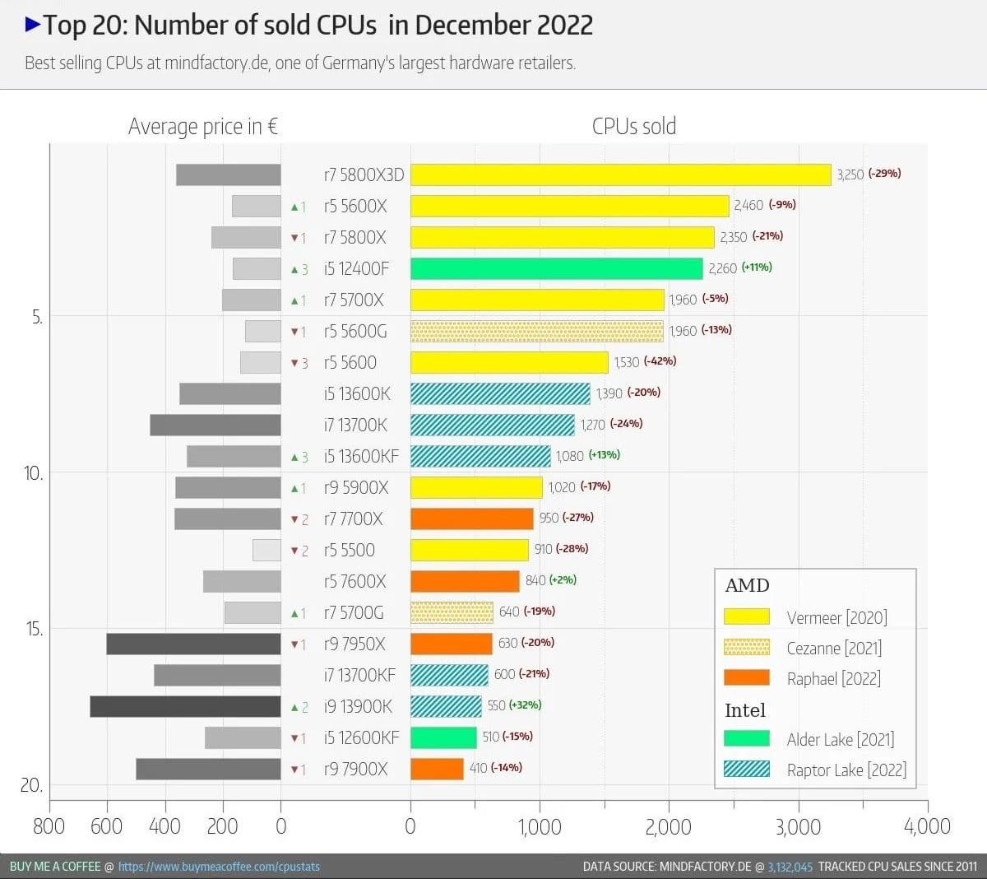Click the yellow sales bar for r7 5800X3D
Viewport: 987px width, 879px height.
click(x=621, y=174)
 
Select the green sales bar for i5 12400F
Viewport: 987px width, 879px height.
click(x=557, y=268)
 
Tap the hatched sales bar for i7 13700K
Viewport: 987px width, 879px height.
click(x=492, y=425)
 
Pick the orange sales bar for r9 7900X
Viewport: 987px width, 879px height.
click(x=437, y=769)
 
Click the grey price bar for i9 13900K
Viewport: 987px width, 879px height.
click(x=185, y=706)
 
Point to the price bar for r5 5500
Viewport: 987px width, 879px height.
click(x=266, y=550)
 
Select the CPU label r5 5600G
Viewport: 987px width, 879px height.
click(x=354, y=332)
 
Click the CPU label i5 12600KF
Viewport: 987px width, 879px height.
click(x=361, y=737)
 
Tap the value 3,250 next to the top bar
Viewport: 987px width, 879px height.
click(x=850, y=174)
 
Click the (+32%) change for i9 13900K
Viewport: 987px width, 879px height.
click(x=525, y=705)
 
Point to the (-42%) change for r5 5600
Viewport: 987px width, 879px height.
click(x=660, y=361)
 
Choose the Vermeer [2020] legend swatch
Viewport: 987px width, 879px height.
click(x=747, y=616)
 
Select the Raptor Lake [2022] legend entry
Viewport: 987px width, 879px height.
click(x=846, y=770)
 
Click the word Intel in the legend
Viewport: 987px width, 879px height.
click(x=744, y=710)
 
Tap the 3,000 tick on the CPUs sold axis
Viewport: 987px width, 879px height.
click(x=798, y=826)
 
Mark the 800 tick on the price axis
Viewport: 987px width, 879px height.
click(x=49, y=826)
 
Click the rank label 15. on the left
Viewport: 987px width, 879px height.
click(x=34, y=629)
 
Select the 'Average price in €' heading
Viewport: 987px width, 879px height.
click(x=202, y=127)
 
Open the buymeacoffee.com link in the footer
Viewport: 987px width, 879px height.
click(x=219, y=867)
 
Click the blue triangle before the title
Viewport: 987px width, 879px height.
click(x=33, y=25)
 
